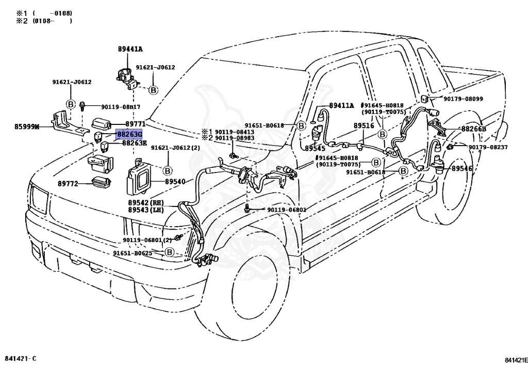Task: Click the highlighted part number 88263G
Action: [128, 134]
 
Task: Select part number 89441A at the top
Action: [130, 49]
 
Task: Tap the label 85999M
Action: [27, 126]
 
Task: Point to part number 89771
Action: [136, 124]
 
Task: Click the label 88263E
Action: [135, 143]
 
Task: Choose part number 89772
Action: [68, 183]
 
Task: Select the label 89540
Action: [175, 182]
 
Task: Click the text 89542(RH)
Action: [145, 202]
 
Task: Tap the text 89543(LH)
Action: [145, 210]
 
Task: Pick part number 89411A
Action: [341, 105]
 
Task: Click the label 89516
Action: [364, 125]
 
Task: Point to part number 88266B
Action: [474, 129]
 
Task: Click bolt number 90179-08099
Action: [461, 99]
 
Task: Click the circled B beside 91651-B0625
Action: [170, 252]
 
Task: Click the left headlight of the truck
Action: [40, 199]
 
